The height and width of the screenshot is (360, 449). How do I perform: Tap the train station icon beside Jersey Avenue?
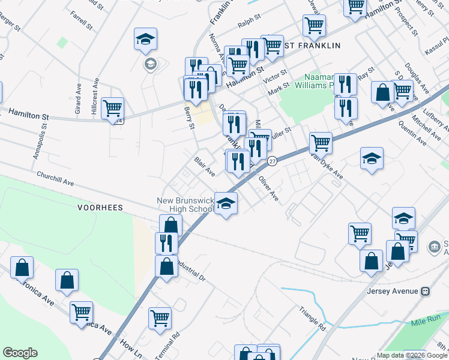(x=425, y=292)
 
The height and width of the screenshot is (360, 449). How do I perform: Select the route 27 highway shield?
(x=272, y=161)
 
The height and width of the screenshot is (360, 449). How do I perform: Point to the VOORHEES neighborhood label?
(x=100, y=208)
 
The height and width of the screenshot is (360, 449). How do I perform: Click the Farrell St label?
(x=81, y=20)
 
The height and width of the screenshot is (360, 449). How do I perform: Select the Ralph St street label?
(x=249, y=25)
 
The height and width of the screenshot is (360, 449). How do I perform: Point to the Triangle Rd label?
(x=313, y=320)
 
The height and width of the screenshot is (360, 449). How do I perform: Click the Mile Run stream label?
(x=427, y=323)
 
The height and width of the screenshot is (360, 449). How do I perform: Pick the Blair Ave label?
(x=205, y=167)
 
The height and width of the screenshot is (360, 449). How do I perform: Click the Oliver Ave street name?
(x=268, y=188)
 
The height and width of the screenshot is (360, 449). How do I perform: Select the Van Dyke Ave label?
(x=327, y=166)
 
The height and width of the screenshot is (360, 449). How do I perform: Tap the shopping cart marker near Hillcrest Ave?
(x=112, y=109)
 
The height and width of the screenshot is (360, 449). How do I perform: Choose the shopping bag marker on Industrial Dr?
(x=166, y=266)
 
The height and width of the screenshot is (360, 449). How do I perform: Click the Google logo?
(x=20, y=353)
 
